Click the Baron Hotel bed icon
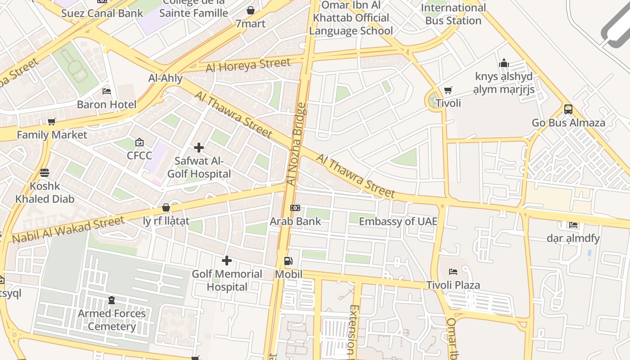pos(107,91)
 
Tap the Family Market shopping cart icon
pos(52,121)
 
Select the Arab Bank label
pos(296,221)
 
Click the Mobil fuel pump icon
pos(288,261)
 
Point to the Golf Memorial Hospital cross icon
pos(227,261)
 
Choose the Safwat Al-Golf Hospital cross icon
pos(198,148)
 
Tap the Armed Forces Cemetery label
pos(112,320)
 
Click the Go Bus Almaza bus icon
pos(568,109)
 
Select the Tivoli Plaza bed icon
pos(453,272)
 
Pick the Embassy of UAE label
pos(398,221)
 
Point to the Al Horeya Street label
pos(248,65)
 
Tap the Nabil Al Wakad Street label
pos(68,229)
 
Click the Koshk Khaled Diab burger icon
pos(45,173)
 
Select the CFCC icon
pos(139,143)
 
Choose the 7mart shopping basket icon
pos(251,10)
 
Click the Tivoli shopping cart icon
pos(448,90)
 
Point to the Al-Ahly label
pos(166,78)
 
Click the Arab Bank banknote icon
pos(295,208)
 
